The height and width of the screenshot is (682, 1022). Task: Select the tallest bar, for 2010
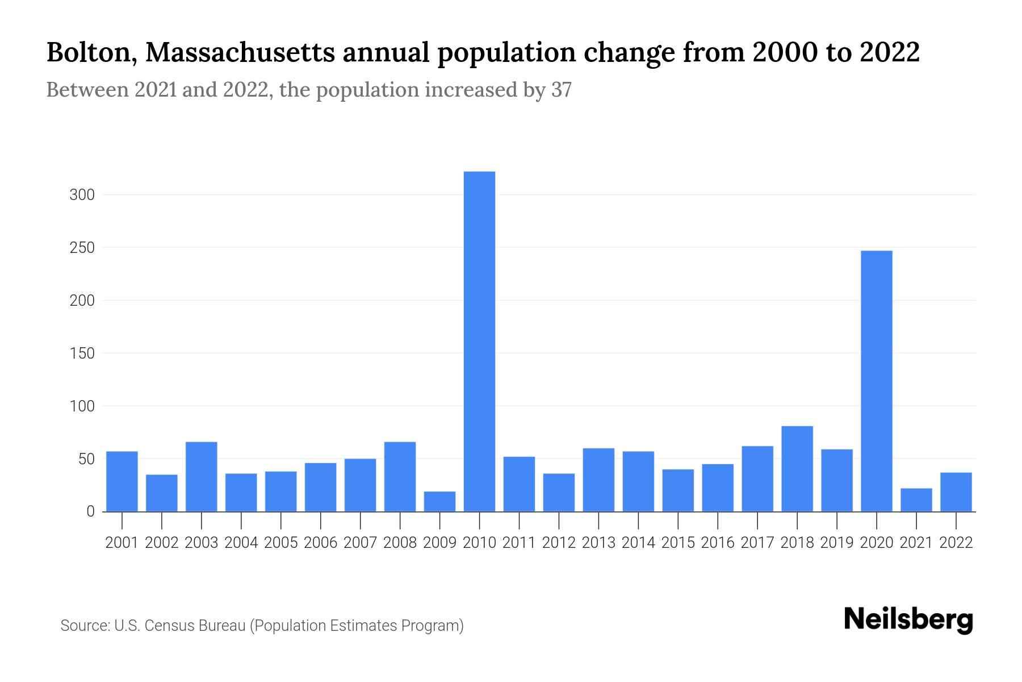coord(479,341)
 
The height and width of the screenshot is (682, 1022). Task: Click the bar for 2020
coord(876,381)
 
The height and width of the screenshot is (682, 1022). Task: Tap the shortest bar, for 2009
coord(439,501)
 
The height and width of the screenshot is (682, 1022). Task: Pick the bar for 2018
coord(797,469)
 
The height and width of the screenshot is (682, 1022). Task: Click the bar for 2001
coord(122,481)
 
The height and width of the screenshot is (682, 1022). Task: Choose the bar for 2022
coord(956,492)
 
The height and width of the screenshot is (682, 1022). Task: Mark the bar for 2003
coord(202,477)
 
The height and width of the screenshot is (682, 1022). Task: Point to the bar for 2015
coord(678,490)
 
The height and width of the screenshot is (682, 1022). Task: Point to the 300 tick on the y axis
coord(82,195)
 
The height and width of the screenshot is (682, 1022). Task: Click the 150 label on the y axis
coord(82,354)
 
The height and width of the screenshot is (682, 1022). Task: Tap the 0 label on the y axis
coord(90,511)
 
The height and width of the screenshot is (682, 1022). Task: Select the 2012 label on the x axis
coord(559,543)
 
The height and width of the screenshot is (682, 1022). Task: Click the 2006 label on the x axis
coord(320,543)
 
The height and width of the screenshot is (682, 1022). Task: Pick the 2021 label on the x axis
coord(916,543)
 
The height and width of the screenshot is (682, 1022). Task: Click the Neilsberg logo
coord(908,619)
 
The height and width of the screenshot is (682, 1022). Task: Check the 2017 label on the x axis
coord(757,543)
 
